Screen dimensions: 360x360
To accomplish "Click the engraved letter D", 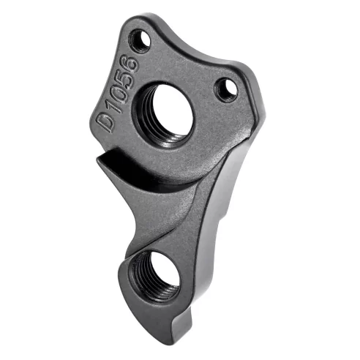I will (109, 119).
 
